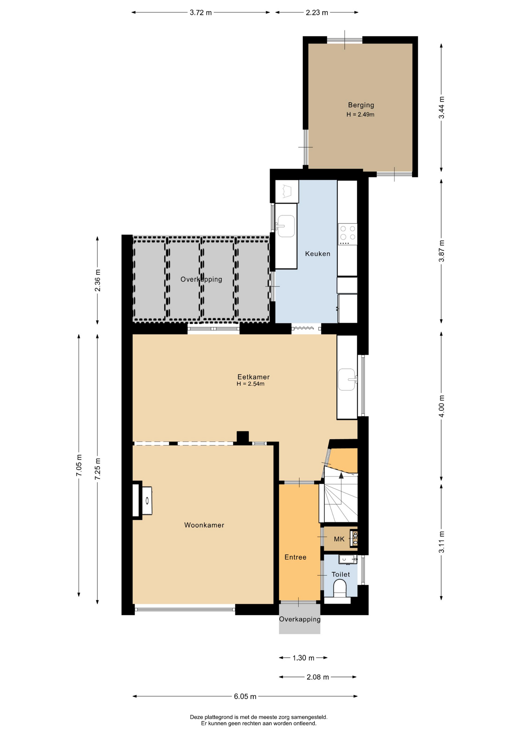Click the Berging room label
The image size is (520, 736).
click(x=361, y=105)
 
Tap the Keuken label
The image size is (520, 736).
click(x=317, y=254)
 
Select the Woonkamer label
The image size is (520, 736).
click(x=204, y=525)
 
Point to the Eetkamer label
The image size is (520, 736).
click(x=253, y=377)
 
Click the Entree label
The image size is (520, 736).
click(x=295, y=557)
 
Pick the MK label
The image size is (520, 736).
click(x=339, y=539)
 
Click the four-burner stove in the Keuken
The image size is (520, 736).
click(x=347, y=234)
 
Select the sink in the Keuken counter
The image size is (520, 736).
click(x=286, y=226)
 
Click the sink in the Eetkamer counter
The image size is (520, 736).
click(x=347, y=379)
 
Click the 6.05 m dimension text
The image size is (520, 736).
click(x=245, y=697)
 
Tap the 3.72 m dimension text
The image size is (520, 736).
click(x=201, y=13)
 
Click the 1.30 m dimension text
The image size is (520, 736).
click(x=303, y=658)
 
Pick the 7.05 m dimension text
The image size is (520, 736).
click(x=79, y=465)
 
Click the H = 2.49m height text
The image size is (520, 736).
click(x=360, y=115)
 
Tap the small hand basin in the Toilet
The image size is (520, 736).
click(x=348, y=559)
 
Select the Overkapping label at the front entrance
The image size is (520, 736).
click(x=300, y=619)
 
